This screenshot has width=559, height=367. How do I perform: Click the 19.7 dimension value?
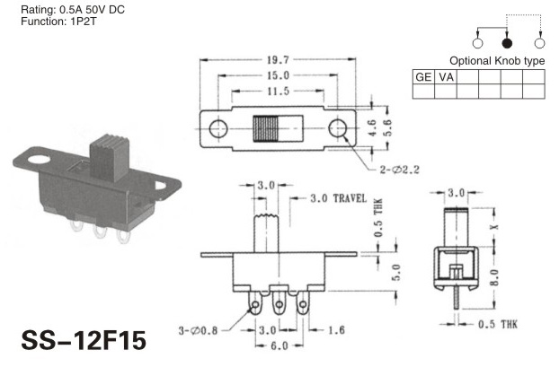pos(278,60)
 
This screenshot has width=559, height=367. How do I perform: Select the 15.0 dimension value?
pos(278,75)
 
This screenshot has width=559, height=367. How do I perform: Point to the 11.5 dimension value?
pos(278,92)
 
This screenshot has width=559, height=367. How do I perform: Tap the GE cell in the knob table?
pos(423,77)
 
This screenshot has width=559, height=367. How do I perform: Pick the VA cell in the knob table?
pos(446,77)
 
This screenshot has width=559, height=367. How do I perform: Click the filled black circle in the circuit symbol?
pos(507,43)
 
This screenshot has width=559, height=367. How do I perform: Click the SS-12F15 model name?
pos(84,340)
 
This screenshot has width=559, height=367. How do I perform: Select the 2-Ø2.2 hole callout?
pos(399,170)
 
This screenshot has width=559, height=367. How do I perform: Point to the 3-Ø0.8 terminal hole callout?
pos(198,331)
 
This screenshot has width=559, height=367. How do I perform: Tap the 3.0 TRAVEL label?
pos(338,198)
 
